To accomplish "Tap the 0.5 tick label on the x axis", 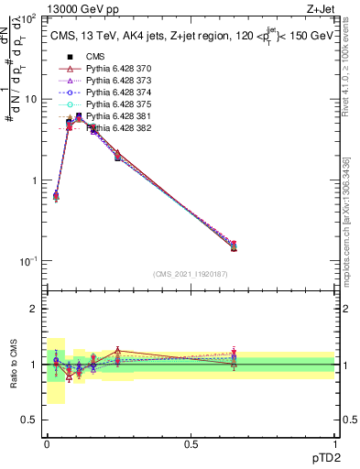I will [191, 443].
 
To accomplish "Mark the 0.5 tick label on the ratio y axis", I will [29, 420].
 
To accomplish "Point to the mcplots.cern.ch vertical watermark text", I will [348, 229].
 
